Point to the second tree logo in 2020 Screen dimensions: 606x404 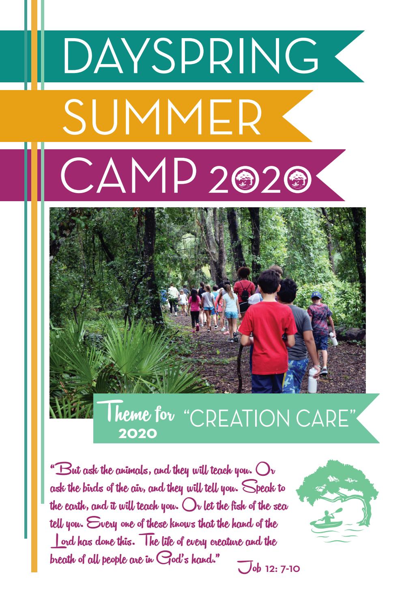300,177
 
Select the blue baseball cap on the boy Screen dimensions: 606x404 316,294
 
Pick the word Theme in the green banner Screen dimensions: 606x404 123,416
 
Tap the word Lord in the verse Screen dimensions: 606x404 62,542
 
